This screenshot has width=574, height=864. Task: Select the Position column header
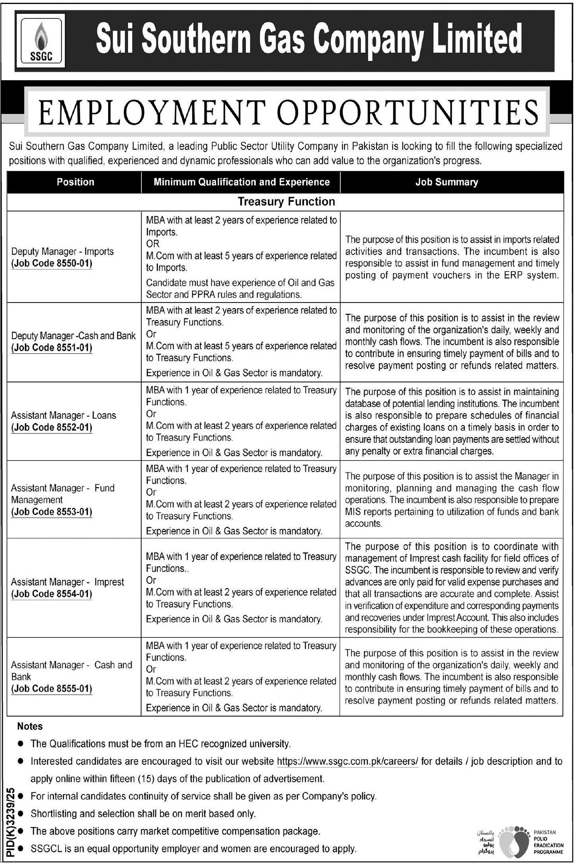coord(75,182)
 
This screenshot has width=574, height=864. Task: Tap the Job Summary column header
coord(446,182)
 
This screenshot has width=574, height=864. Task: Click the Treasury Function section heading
coord(286,202)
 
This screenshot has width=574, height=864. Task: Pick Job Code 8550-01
coord(52,264)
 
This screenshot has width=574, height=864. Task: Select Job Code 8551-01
coord(52,348)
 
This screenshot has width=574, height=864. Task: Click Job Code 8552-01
coord(52,428)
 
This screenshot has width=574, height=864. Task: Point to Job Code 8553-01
coord(52,512)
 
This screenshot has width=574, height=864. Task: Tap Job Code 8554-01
coord(52,594)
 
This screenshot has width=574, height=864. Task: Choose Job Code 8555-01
coord(52,688)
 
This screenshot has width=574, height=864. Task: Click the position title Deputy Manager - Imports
coord(62,252)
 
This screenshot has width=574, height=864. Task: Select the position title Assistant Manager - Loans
coord(64,416)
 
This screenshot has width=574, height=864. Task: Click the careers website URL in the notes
coord(347,762)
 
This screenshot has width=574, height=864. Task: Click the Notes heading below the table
coord(30,727)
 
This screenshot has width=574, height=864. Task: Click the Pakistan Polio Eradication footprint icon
coord(513,837)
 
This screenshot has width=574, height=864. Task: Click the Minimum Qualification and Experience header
coord(242,182)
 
